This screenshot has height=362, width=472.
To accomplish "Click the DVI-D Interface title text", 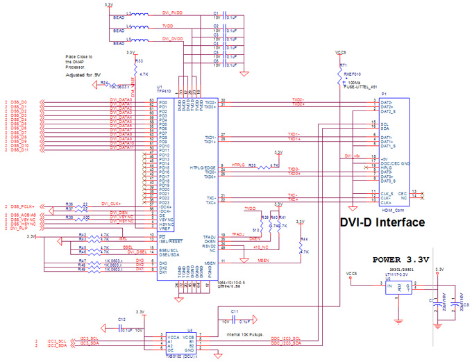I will point(382,223).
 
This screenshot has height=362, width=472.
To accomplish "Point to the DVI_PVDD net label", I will point(173,13).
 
